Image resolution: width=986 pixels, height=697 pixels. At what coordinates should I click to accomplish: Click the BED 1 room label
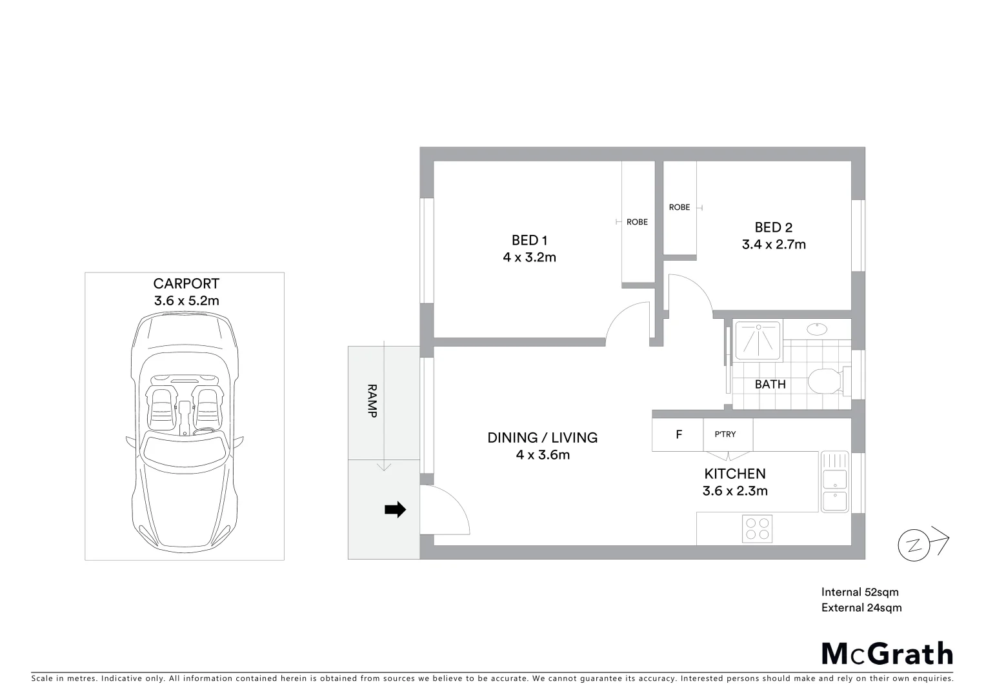(x=529, y=240)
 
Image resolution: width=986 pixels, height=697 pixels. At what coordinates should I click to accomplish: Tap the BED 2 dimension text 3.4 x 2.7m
(x=773, y=245)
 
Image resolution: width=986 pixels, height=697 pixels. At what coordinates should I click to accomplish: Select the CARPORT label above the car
(x=186, y=283)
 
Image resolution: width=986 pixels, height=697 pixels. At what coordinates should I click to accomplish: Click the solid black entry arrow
(x=395, y=510)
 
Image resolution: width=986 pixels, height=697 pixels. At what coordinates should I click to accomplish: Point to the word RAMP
(x=372, y=401)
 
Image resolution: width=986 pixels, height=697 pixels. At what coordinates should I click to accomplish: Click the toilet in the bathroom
(x=825, y=381)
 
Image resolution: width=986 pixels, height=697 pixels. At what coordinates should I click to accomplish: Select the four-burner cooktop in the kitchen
(x=757, y=529)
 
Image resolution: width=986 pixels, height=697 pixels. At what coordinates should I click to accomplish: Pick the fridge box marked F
(x=678, y=435)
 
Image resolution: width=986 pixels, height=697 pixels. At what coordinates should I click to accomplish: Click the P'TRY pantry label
(x=725, y=434)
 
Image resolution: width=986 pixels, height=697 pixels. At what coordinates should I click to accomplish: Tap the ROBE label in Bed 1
(x=637, y=222)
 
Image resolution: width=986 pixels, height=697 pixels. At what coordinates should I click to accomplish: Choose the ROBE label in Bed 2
(x=679, y=207)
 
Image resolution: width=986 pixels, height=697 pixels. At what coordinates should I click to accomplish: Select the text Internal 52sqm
(x=860, y=592)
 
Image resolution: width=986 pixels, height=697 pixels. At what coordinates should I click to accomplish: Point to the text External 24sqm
(x=861, y=607)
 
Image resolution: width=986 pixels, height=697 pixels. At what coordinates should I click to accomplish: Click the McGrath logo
(x=887, y=653)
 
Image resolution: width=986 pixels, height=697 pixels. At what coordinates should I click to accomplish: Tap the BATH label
(x=770, y=384)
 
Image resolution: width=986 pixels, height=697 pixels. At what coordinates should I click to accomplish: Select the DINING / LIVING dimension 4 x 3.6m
(x=542, y=455)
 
